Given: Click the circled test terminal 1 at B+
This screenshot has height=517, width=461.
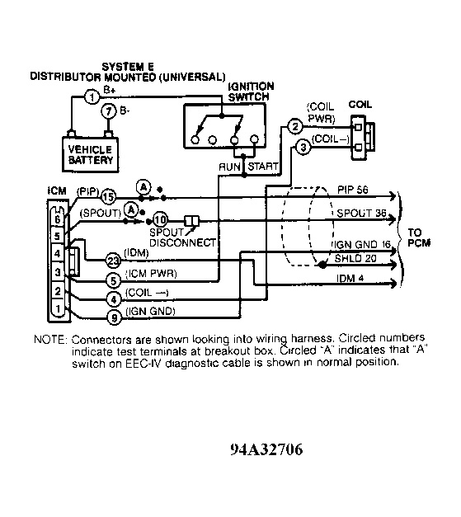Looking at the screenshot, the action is click(92, 97).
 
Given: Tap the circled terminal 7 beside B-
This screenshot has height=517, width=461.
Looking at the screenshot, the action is click(109, 111).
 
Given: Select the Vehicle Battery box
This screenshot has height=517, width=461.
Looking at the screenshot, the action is click(91, 154).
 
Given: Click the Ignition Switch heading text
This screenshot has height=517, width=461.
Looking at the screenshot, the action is click(252, 92).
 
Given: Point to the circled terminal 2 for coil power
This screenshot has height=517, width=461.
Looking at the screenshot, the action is click(295, 126).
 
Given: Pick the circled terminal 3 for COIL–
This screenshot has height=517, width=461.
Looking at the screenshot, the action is click(303, 147).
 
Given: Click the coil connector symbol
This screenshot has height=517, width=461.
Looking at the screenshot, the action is click(362, 138).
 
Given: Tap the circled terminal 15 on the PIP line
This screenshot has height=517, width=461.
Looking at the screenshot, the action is click(108, 197).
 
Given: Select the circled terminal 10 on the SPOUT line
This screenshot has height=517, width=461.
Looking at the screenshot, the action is click(161, 219).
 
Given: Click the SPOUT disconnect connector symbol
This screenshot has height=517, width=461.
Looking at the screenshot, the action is click(191, 221).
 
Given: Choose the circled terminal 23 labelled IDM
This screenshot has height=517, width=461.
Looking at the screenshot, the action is click(113, 261).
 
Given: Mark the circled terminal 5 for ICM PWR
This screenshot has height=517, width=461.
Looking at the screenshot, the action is click(114, 281).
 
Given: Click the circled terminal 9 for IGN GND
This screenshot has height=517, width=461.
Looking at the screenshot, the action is click(114, 317).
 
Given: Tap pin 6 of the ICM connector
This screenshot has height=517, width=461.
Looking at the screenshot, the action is click(58, 219).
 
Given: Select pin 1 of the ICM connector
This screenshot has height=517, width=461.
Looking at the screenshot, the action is click(58, 309).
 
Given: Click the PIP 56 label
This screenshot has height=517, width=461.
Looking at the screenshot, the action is click(352, 190).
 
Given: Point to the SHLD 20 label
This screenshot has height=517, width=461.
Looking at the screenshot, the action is click(355, 258).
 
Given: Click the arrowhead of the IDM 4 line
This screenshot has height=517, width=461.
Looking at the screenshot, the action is click(393, 283).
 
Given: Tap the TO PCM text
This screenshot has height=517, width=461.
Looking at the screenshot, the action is click(419, 237).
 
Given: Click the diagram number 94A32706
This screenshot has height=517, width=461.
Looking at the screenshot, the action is click(266, 449).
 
